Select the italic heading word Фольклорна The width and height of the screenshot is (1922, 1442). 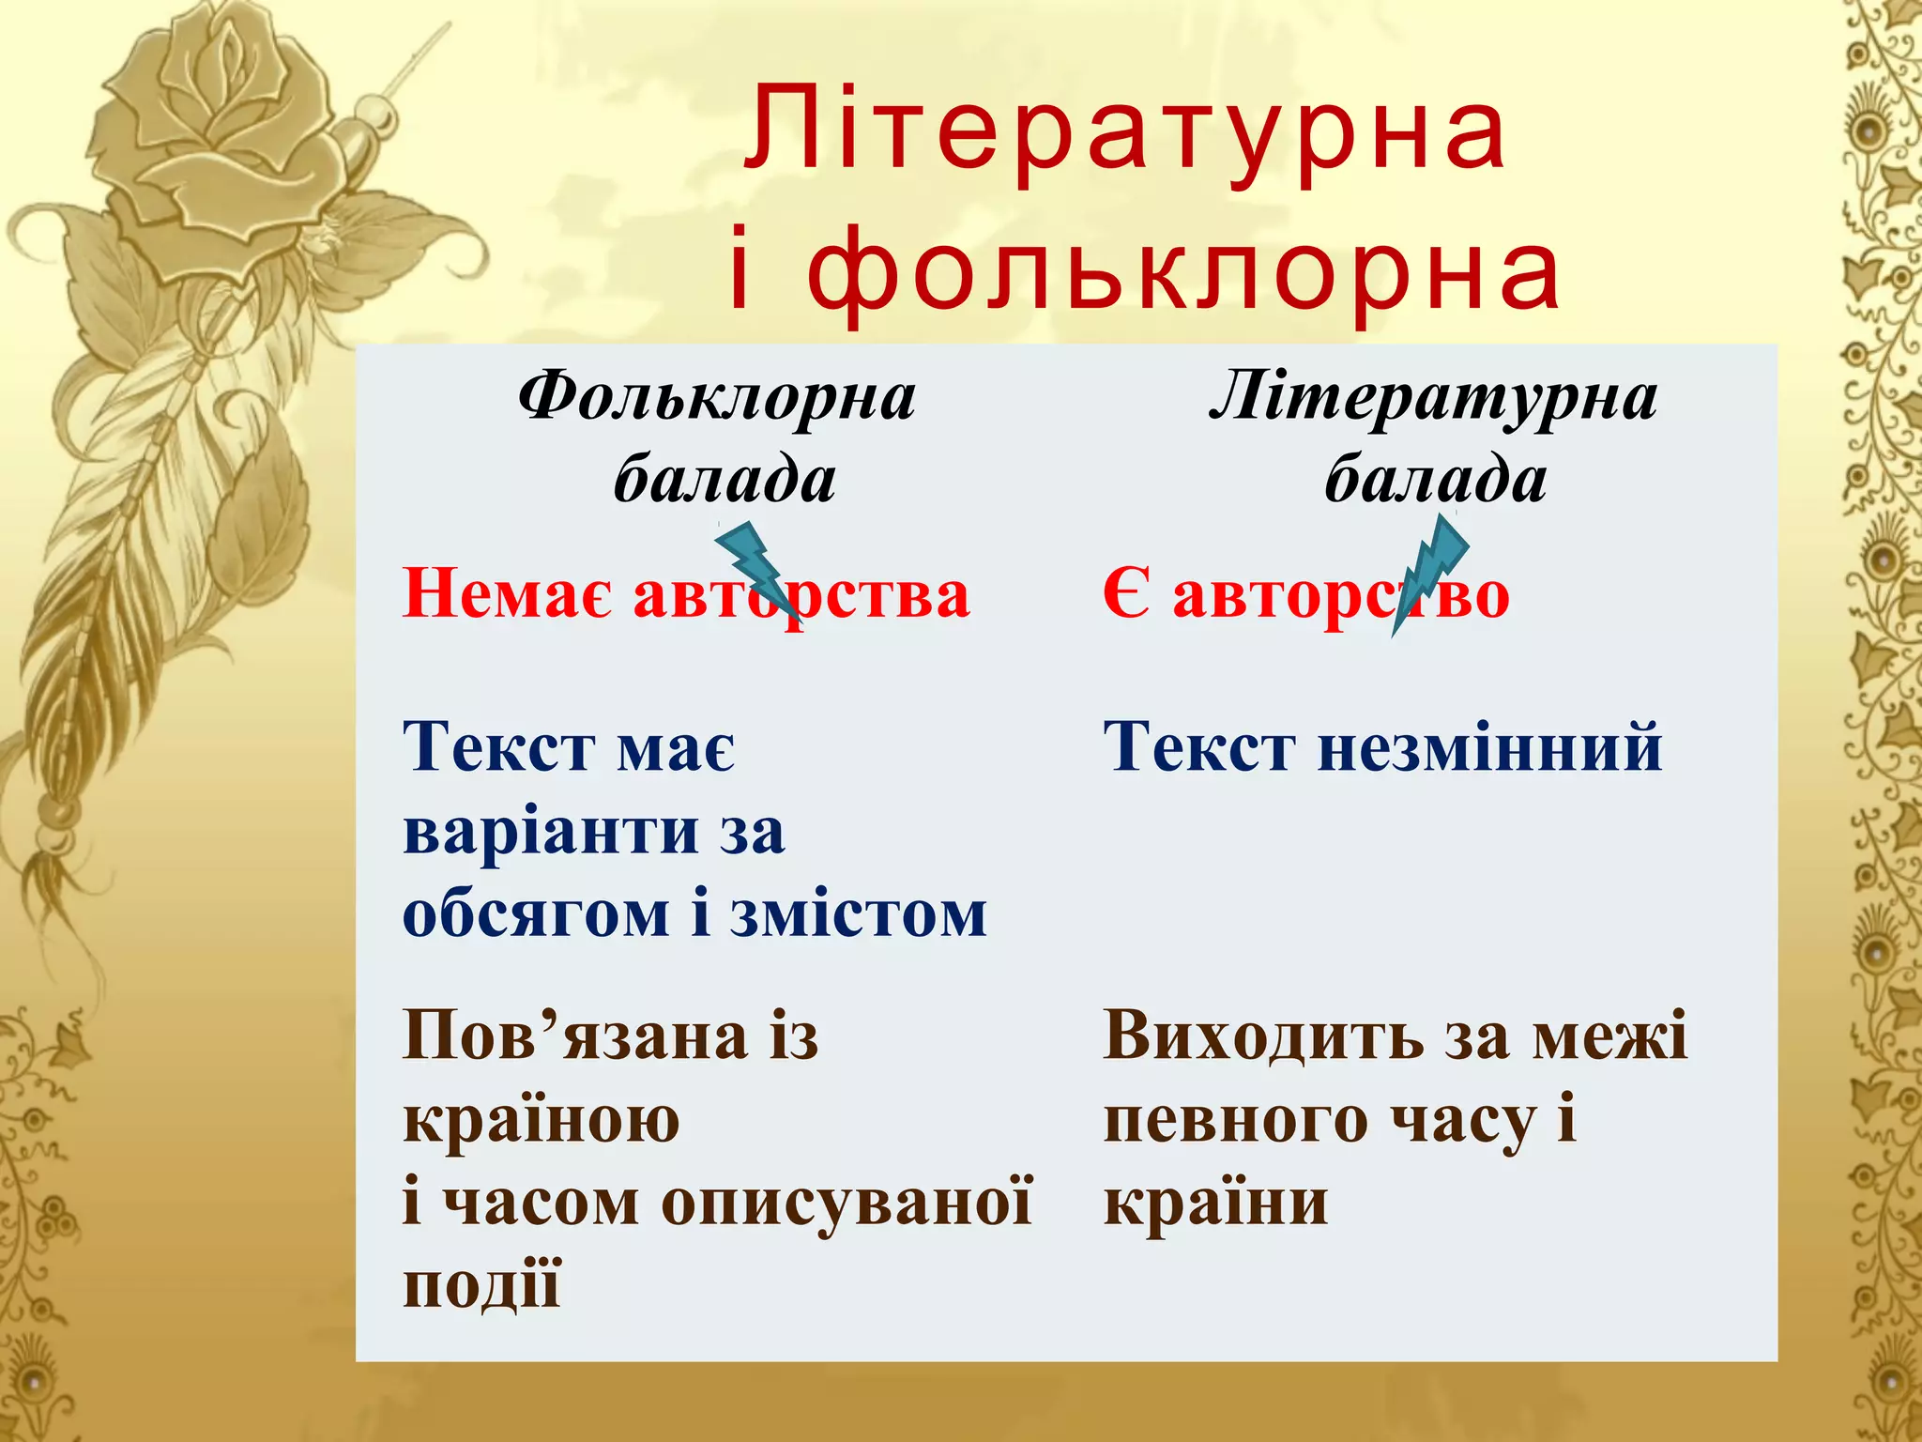(x=717, y=397)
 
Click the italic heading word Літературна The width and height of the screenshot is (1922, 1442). (x=1433, y=397)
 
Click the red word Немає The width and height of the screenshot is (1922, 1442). (x=508, y=594)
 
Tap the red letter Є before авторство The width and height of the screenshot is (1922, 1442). (x=1125, y=594)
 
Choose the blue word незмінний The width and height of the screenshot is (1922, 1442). (x=1489, y=748)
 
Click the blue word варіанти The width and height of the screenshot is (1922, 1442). (x=551, y=832)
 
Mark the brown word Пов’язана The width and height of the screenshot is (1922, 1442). (x=575, y=1036)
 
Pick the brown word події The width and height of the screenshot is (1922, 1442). (x=481, y=1285)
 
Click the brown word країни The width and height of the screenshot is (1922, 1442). (x=1215, y=1203)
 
